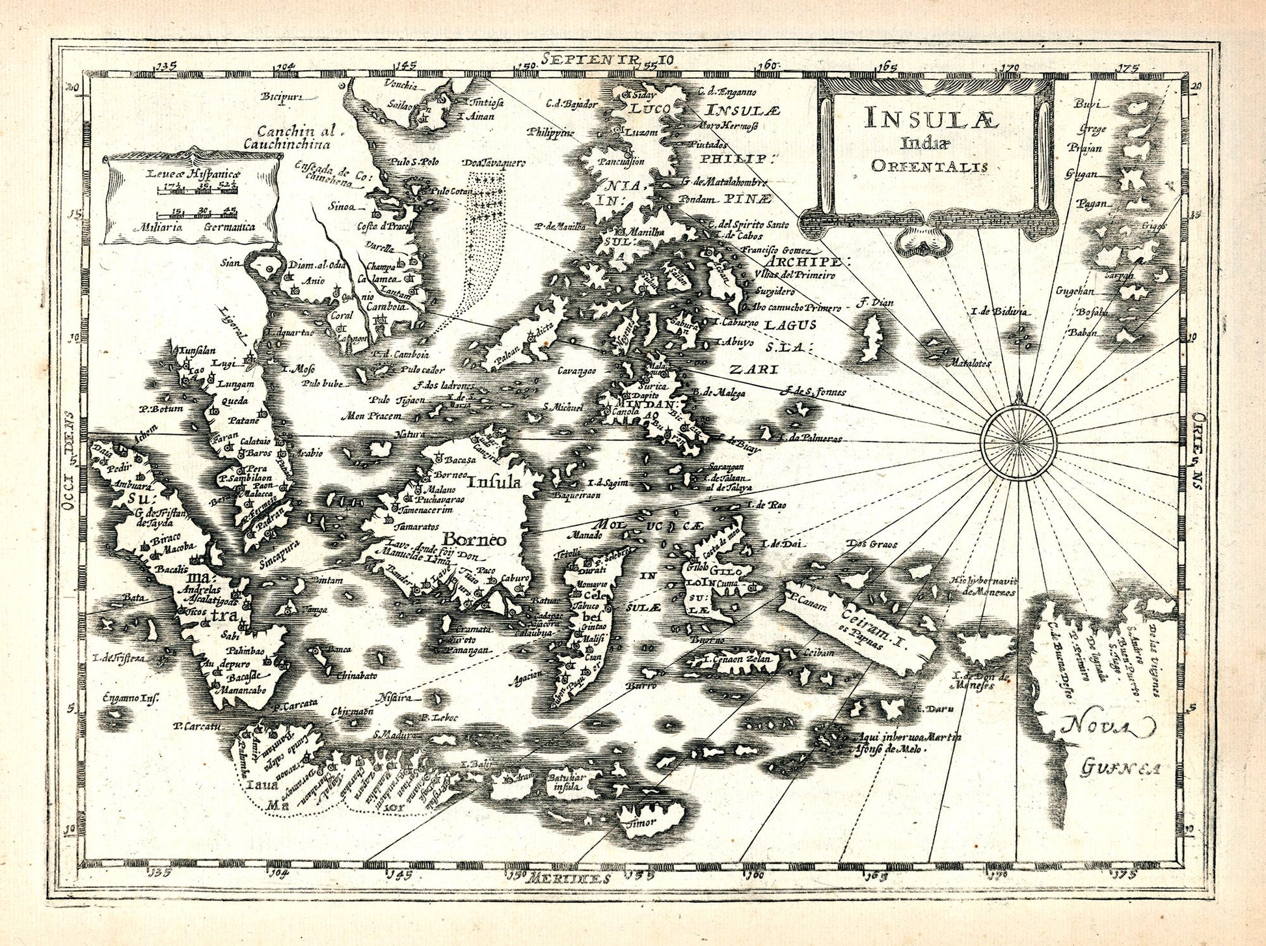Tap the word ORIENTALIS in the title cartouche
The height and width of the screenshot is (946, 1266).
pyautogui.click(x=929, y=166)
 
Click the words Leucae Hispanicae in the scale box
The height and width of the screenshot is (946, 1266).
pyautogui.click(x=193, y=174)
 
